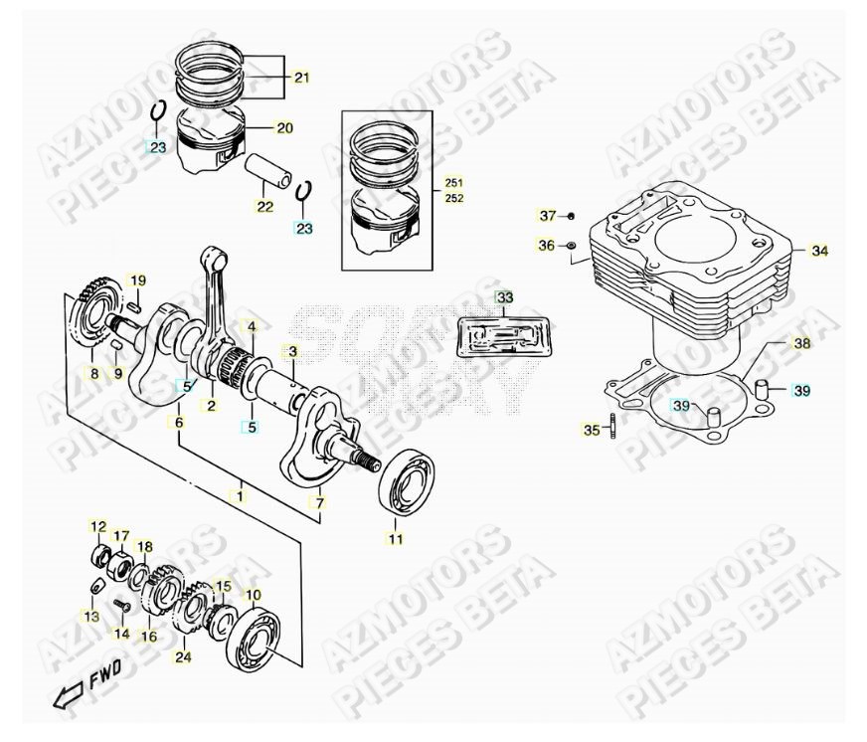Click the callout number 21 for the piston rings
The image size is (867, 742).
click(x=301, y=77)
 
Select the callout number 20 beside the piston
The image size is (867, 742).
click(x=284, y=128)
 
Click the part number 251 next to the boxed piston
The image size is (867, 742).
click(x=453, y=184)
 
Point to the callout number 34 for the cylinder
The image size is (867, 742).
click(x=818, y=252)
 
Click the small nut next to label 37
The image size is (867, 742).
click(x=572, y=216)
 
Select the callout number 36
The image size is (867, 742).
click(x=546, y=245)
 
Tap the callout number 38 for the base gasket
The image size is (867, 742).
click(x=801, y=343)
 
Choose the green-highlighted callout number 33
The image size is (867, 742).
click(x=505, y=297)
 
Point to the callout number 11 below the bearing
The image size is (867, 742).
click(x=396, y=539)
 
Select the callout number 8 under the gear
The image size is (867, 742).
click(x=94, y=374)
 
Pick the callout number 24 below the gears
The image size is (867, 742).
click(x=182, y=656)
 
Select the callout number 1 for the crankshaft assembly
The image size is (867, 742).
click(x=239, y=493)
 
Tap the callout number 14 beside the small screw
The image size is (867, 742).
click(x=120, y=633)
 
